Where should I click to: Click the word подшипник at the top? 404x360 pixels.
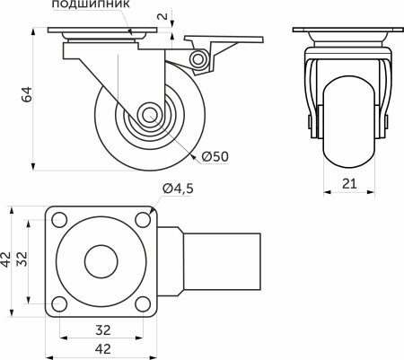92,5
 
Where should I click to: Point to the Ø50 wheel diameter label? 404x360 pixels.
215,156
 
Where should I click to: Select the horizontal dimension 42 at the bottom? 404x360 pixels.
102,349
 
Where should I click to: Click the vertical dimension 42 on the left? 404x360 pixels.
7,260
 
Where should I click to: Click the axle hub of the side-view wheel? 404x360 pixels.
150,117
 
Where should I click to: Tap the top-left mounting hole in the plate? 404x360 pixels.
59,218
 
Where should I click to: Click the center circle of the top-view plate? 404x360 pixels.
101,260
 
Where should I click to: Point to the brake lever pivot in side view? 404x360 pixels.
199,59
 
